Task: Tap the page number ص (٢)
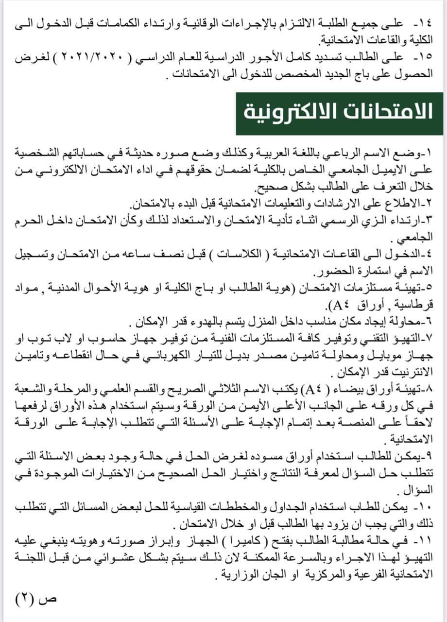pos(36,597)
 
